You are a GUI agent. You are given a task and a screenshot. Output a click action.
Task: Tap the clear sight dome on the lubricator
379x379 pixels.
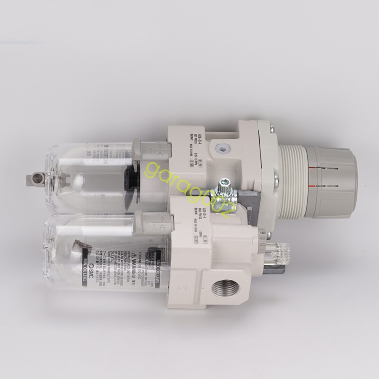(x=282, y=251)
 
